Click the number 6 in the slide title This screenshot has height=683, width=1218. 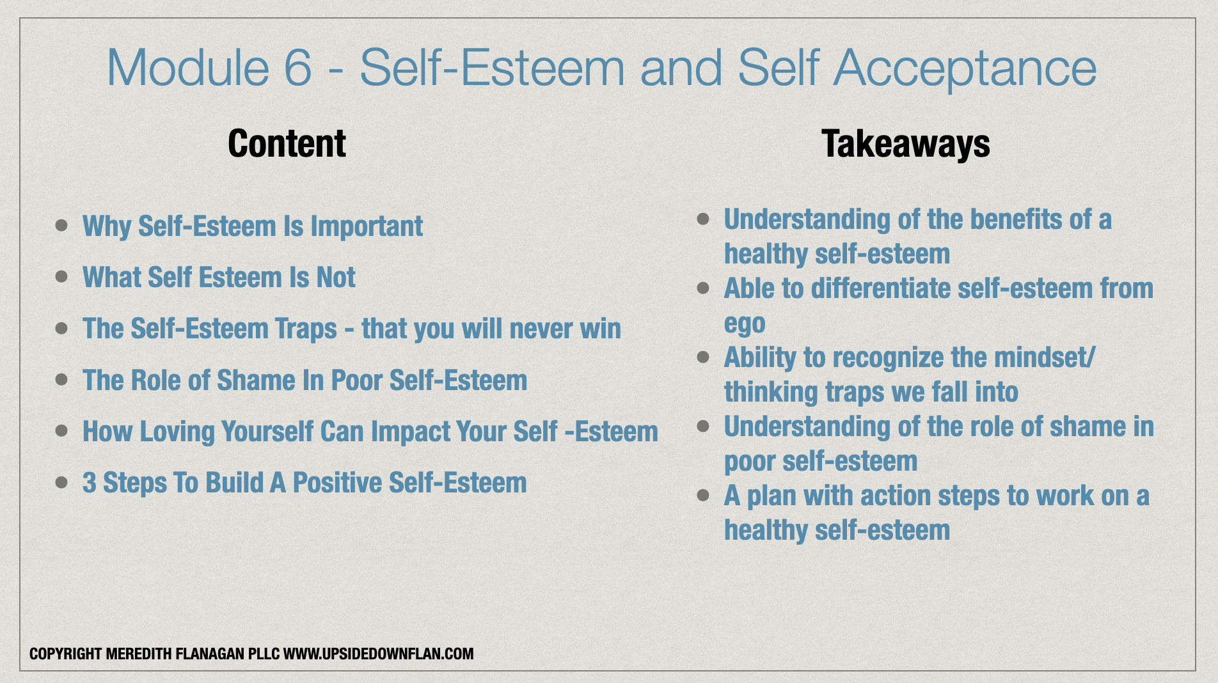click(297, 68)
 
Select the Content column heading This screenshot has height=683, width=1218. click(287, 143)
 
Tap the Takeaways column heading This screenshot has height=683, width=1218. click(906, 144)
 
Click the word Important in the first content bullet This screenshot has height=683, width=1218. click(367, 226)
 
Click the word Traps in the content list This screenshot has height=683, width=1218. click(306, 329)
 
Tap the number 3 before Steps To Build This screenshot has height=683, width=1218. click(90, 483)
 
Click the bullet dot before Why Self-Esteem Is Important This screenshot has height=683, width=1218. click(61, 225)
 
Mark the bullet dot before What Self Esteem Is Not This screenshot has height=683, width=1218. click(61, 276)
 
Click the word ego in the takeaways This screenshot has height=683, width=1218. click(745, 325)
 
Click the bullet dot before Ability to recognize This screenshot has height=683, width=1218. click(703, 356)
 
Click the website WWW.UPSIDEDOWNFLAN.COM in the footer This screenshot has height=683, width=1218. click(379, 654)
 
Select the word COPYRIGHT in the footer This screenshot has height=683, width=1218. click(66, 654)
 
